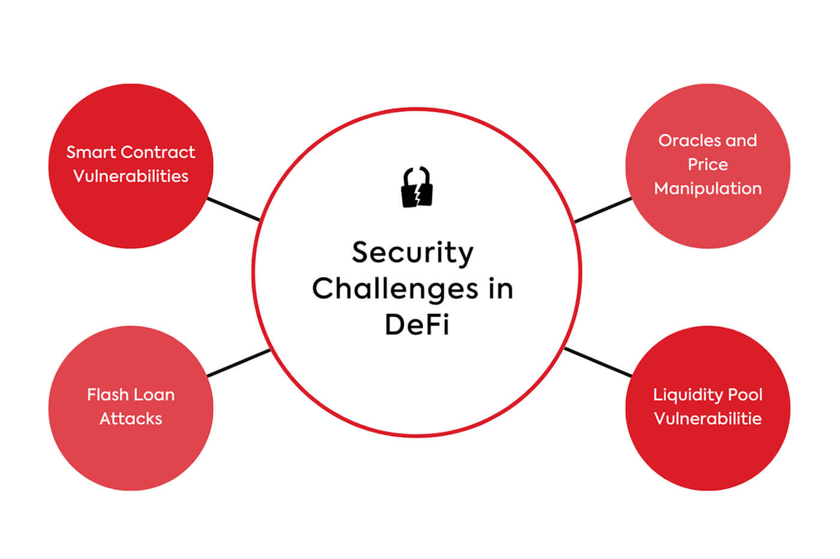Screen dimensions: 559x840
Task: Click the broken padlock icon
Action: point(417,187)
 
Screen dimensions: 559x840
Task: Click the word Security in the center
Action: point(413,253)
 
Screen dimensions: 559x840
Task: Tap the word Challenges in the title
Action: point(395,288)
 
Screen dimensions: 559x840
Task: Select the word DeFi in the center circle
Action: point(417,324)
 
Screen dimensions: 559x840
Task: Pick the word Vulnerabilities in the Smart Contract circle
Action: point(131,176)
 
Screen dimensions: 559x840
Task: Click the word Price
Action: point(708,164)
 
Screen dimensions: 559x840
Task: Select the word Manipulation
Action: point(708,188)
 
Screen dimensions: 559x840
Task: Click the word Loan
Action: point(155,395)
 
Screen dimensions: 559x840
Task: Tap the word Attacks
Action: point(131,419)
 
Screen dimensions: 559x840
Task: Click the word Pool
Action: point(745,395)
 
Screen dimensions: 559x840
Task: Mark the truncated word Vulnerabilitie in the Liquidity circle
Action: point(708,419)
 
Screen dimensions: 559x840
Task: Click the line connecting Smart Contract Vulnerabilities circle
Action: point(233,209)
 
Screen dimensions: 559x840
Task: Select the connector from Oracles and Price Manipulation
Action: point(603,210)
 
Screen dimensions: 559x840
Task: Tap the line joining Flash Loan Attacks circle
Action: point(238,363)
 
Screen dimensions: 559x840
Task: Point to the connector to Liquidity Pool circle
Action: point(598,362)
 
